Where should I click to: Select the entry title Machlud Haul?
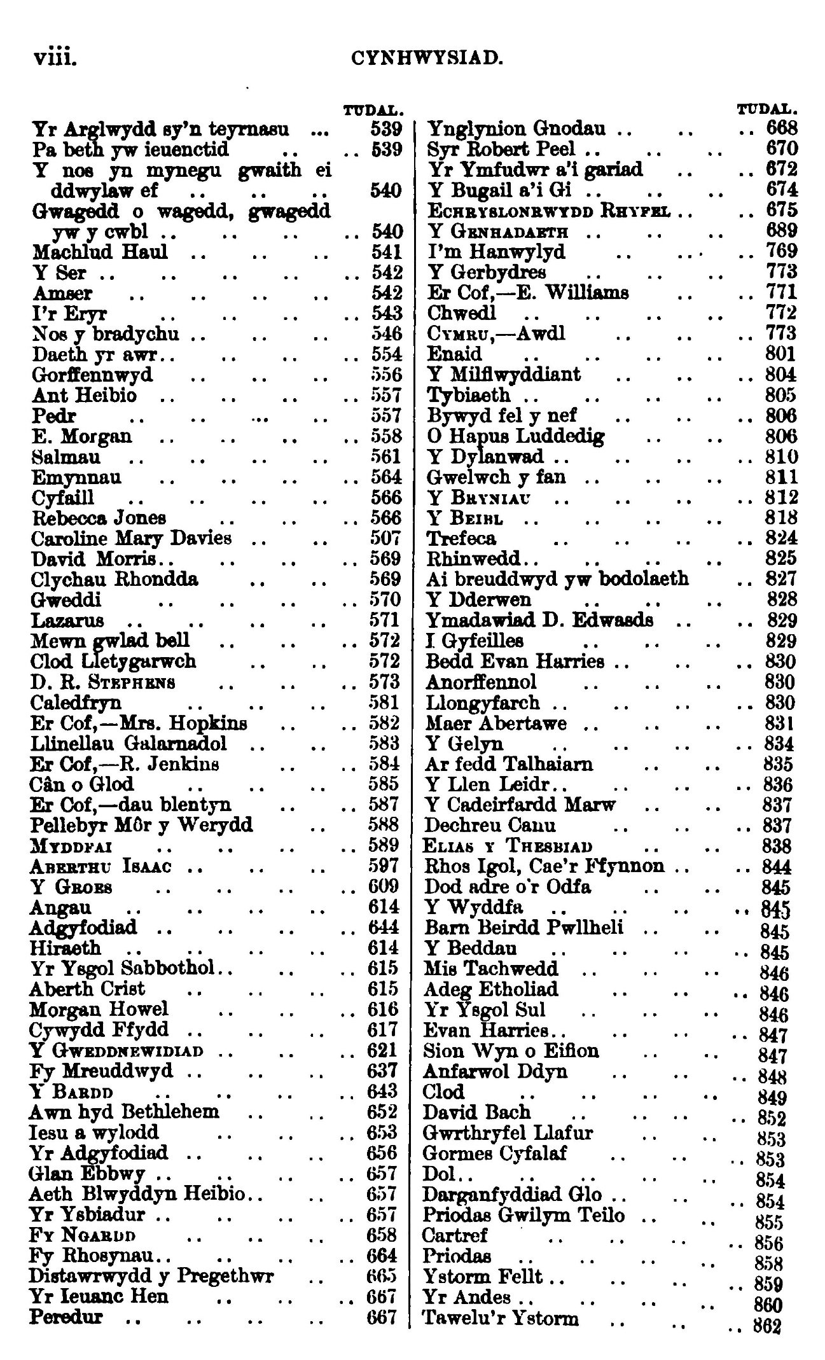point(101,252)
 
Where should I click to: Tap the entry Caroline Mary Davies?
point(132,538)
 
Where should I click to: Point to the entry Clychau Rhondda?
point(114,579)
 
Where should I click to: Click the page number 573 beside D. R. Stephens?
point(384,682)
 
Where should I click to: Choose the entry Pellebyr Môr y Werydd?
point(141,825)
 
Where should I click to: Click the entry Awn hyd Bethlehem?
point(124,1111)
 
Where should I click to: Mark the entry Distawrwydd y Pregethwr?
point(151,1276)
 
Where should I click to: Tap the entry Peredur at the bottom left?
point(66,1317)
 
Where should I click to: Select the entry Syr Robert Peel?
point(501,149)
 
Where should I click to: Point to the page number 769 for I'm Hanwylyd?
point(782,252)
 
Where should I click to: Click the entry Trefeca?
point(462,538)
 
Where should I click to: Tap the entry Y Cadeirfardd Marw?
point(520,805)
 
